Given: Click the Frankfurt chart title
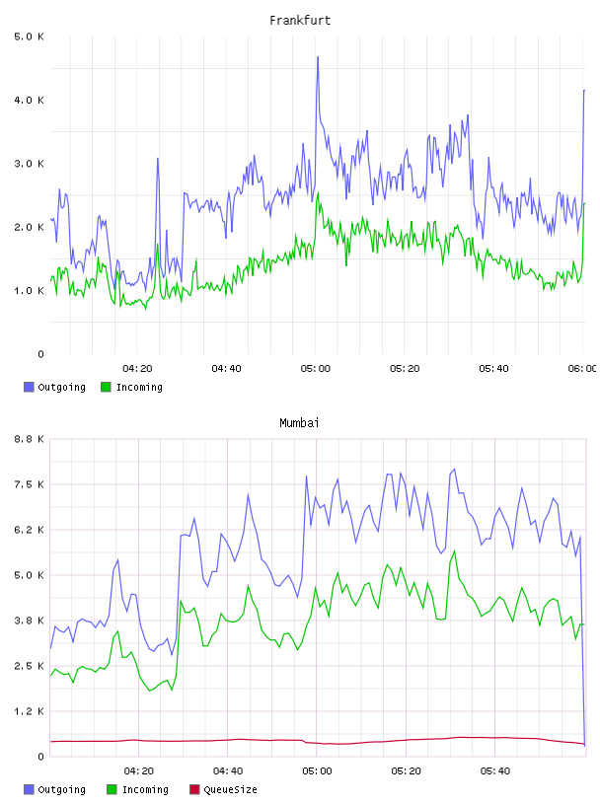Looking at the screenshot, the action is tap(300, 21).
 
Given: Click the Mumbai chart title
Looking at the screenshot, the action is tap(299, 423).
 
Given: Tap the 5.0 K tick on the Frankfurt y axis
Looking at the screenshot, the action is tap(30, 37).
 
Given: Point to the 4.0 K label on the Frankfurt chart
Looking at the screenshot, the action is tap(30, 100).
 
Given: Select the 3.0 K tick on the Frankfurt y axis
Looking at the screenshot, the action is tap(30, 164).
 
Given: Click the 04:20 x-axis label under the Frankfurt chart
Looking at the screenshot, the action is tap(137, 369).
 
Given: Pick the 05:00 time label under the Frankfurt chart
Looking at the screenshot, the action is tap(316, 369).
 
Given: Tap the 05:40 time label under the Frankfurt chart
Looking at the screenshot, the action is tap(493, 369).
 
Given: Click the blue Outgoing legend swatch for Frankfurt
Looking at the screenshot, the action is tap(29, 387).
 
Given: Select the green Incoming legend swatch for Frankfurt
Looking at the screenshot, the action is tap(106, 387).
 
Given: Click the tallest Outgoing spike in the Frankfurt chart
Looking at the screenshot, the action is tap(318, 57).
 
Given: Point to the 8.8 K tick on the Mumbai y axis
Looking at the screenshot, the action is tap(30, 439).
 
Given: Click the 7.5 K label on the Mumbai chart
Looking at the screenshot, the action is tap(30, 484).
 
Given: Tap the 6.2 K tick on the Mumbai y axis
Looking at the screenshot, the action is tap(30, 530).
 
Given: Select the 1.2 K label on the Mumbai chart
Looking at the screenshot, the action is tap(30, 711).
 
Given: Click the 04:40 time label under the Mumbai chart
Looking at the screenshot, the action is tap(228, 771).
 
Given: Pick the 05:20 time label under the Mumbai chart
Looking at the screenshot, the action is tap(406, 771).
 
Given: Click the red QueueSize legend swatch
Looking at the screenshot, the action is tap(194, 789).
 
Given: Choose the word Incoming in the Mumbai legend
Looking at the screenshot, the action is tap(145, 790).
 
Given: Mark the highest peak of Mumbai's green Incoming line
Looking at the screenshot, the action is tap(455, 551).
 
